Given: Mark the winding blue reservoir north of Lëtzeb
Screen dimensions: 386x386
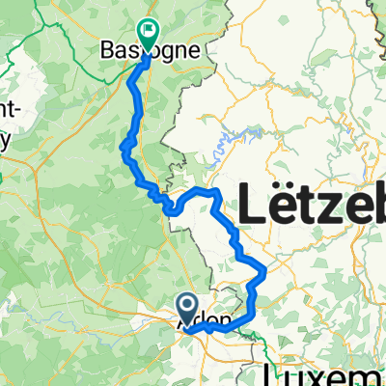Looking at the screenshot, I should [232, 140].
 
